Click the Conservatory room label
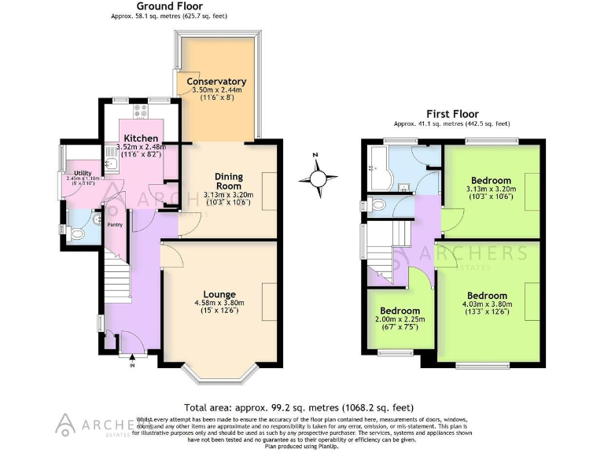point(216,81)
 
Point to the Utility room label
point(83,172)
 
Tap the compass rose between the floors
point(317,178)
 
